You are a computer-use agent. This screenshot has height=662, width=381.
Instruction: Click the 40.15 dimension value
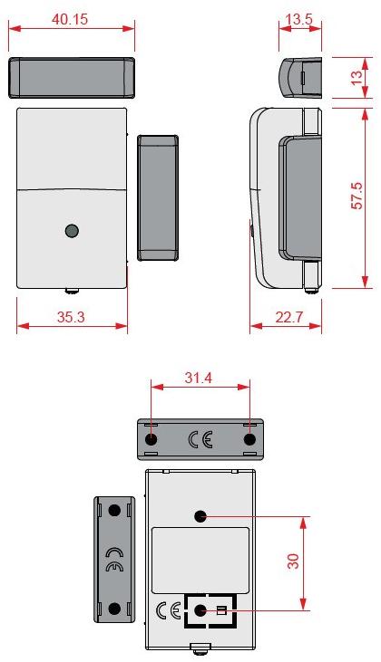[70, 19]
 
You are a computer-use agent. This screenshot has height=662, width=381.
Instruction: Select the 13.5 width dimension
[300, 19]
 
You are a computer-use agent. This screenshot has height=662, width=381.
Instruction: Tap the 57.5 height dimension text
[357, 197]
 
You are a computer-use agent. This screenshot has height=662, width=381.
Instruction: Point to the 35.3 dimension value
[70, 317]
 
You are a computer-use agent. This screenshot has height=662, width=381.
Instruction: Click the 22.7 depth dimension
[285, 317]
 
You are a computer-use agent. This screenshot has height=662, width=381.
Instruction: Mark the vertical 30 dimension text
[293, 561]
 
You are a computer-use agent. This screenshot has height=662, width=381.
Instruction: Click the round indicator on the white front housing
[72, 231]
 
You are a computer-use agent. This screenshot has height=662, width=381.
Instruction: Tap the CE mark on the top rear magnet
[200, 440]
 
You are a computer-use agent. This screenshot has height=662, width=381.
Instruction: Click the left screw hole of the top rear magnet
[151, 439]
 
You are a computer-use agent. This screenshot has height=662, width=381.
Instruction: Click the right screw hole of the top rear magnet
[249, 439]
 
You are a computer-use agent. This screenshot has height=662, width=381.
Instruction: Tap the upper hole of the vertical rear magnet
[114, 510]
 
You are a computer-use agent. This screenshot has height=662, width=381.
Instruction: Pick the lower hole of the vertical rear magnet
[114, 608]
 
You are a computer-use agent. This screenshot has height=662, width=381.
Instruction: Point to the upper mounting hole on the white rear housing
[200, 516]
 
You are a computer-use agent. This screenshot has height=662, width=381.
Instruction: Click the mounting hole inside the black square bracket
[200, 610]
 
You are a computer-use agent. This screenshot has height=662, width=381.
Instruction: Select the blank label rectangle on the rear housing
[200, 559]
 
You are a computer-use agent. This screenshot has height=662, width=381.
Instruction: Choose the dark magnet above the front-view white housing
[72, 78]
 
